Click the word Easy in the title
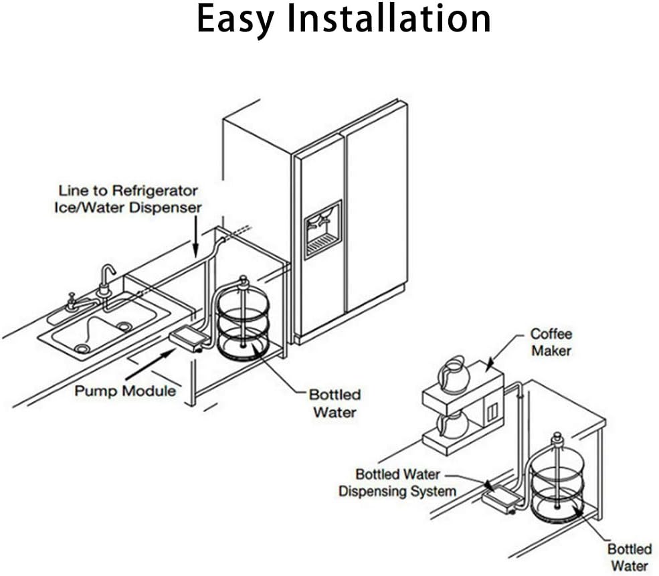(x=235, y=19)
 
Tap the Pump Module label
(x=125, y=390)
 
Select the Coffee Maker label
(x=551, y=341)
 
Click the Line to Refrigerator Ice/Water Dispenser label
(x=128, y=199)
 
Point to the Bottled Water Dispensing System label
(x=397, y=483)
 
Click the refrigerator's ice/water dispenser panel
(x=322, y=229)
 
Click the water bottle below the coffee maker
(x=557, y=478)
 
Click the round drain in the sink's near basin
(x=82, y=349)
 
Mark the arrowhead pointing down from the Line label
(x=195, y=252)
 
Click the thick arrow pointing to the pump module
(x=148, y=365)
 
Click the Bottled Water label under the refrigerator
(x=335, y=403)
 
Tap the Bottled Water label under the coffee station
(x=629, y=557)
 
